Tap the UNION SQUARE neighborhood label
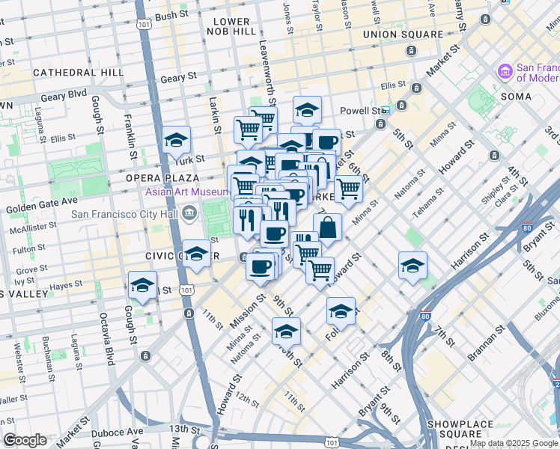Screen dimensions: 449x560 (403, 34)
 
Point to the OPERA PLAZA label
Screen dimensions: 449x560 (162, 178)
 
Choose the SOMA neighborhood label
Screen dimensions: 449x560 (516, 97)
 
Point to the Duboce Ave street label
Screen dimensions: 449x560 (117, 433)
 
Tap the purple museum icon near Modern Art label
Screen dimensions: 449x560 (505, 72)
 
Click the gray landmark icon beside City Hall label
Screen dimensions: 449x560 (189, 214)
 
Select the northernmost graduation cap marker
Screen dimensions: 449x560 (307, 110)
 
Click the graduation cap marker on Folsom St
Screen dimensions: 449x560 (341, 311)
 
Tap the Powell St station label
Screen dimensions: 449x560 (361, 110)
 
